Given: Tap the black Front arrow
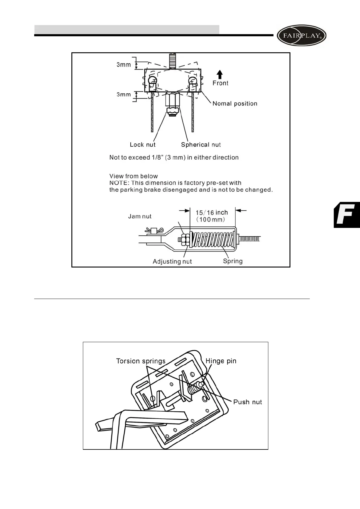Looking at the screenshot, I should click(x=220, y=75).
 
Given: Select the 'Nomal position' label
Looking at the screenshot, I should click(x=235, y=104).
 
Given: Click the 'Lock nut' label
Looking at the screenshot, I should click(x=142, y=145).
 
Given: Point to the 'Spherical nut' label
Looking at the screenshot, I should click(x=201, y=145).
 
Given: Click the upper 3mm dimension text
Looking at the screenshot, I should click(x=124, y=65).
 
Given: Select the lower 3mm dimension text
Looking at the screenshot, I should click(x=124, y=95).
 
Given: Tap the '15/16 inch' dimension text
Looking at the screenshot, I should click(x=211, y=212).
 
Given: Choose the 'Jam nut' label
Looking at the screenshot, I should click(x=140, y=216).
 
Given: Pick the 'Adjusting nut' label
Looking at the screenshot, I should click(x=172, y=261).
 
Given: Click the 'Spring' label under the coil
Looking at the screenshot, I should click(x=233, y=261).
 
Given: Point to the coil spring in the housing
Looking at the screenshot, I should click(x=213, y=240).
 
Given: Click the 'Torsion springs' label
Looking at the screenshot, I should click(x=141, y=361).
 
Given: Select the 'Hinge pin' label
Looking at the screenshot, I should click(x=221, y=361).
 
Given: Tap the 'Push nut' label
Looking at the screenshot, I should click(x=247, y=402).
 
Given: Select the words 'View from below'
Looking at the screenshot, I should click(x=133, y=176).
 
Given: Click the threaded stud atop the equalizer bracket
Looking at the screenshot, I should click(x=173, y=61).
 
